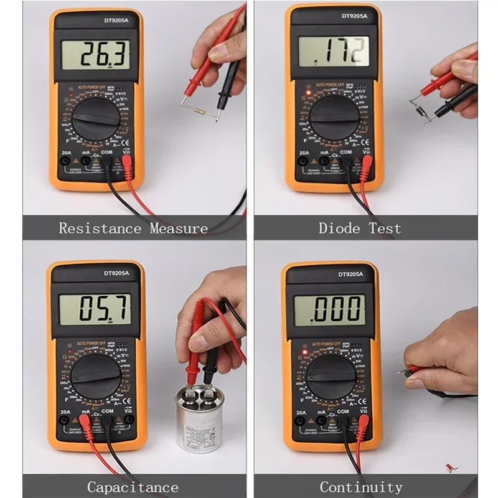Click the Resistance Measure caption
point(133,228)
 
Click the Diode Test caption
point(360,228)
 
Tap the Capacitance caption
point(133,487)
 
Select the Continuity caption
point(361,487)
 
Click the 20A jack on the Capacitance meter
point(64,420)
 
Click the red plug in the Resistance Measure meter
point(127,164)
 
